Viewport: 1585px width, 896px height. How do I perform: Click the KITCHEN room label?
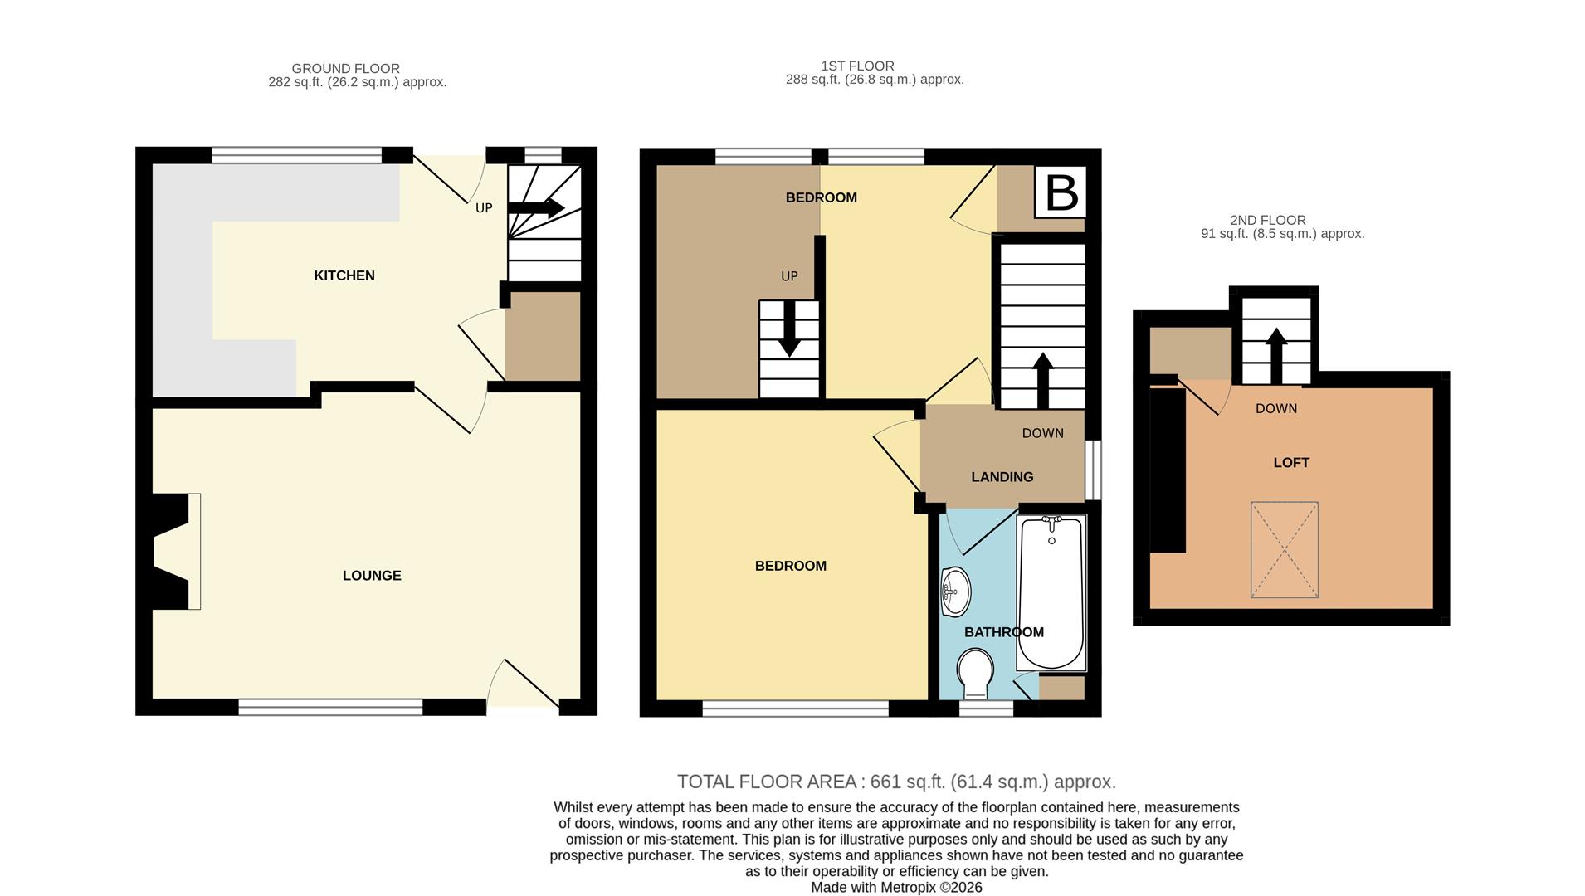344,275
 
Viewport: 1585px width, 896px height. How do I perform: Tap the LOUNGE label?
371,576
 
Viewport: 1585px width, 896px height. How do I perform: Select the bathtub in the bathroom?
1051,593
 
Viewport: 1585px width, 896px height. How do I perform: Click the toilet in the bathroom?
974,673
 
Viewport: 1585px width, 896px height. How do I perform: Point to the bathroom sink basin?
956,592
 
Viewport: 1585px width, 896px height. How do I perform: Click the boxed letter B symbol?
1061,192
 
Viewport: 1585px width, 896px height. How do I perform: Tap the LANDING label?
1002,477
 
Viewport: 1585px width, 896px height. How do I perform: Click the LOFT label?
1290,463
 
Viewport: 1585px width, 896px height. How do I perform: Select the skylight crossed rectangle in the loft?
1284,549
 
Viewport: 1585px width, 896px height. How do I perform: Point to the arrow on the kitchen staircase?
544,207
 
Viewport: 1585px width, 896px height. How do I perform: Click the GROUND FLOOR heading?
345,69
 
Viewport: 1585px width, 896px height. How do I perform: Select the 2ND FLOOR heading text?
1267,220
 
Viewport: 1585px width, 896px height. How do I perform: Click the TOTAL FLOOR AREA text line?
896,782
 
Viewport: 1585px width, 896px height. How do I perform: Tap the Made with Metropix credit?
896,887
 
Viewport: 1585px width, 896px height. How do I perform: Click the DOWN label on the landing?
1042,433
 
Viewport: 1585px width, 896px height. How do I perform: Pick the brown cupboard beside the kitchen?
543,335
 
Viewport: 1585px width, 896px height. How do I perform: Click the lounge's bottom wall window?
330,707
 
